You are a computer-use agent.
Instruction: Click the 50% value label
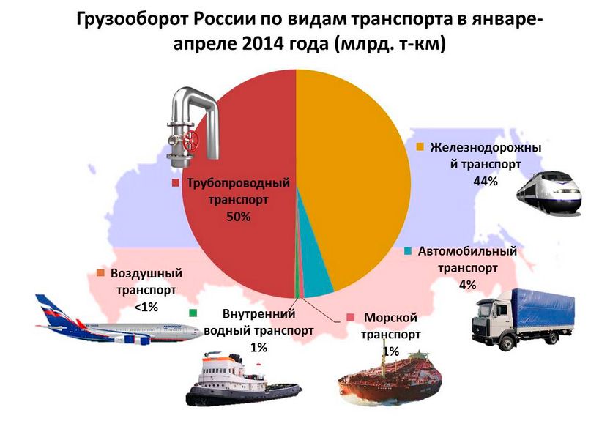click(x=239, y=217)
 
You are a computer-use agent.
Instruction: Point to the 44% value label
click(x=486, y=181)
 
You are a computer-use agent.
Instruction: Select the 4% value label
click(x=468, y=285)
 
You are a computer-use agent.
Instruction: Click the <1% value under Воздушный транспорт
click(x=146, y=307)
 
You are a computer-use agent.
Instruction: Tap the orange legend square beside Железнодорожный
click(x=420, y=146)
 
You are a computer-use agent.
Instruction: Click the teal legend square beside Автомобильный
click(x=408, y=250)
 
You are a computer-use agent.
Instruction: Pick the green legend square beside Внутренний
click(x=193, y=313)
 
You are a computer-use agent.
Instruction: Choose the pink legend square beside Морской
click(x=351, y=317)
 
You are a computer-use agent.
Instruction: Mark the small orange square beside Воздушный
click(x=100, y=273)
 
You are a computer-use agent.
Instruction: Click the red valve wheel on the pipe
click(x=191, y=140)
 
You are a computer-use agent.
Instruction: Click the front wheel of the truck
click(x=506, y=343)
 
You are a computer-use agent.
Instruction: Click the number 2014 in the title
click(x=262, y=44)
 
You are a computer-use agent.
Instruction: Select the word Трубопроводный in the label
click(x=239, y=182)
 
